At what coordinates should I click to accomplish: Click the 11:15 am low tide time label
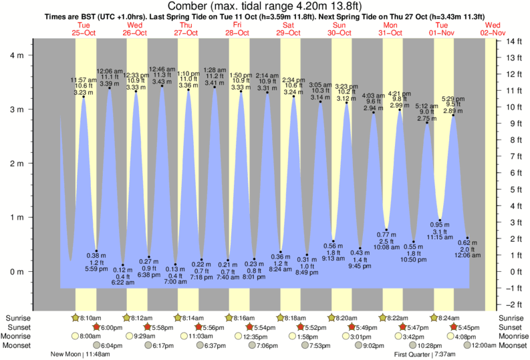tap(440, 237)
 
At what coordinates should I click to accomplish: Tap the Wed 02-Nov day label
tap(495, 28)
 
